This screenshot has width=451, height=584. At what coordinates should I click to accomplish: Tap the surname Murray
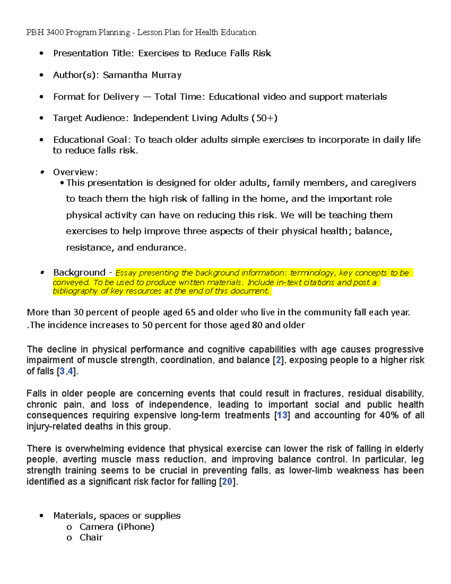(x=166, y=75)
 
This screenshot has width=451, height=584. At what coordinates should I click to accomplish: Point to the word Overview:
(x=75, y=172)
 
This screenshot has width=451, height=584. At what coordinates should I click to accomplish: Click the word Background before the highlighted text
(x=79, y=272)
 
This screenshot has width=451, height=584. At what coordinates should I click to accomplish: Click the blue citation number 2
(x=278, y=360)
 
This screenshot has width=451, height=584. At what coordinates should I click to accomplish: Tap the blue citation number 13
(x=282, y=416)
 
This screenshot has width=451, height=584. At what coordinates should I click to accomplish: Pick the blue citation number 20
(x=227, y=482)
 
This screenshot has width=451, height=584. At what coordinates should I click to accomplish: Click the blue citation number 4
(x=70, y=372)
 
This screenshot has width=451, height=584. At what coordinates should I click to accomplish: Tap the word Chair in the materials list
(x=91, y=538)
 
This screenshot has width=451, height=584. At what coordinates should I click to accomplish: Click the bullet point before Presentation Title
(x=41, y=53)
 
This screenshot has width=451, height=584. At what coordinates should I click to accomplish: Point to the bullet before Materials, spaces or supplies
(x=41, y=516)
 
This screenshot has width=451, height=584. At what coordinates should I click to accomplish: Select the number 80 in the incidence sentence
(x=257, y=325)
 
